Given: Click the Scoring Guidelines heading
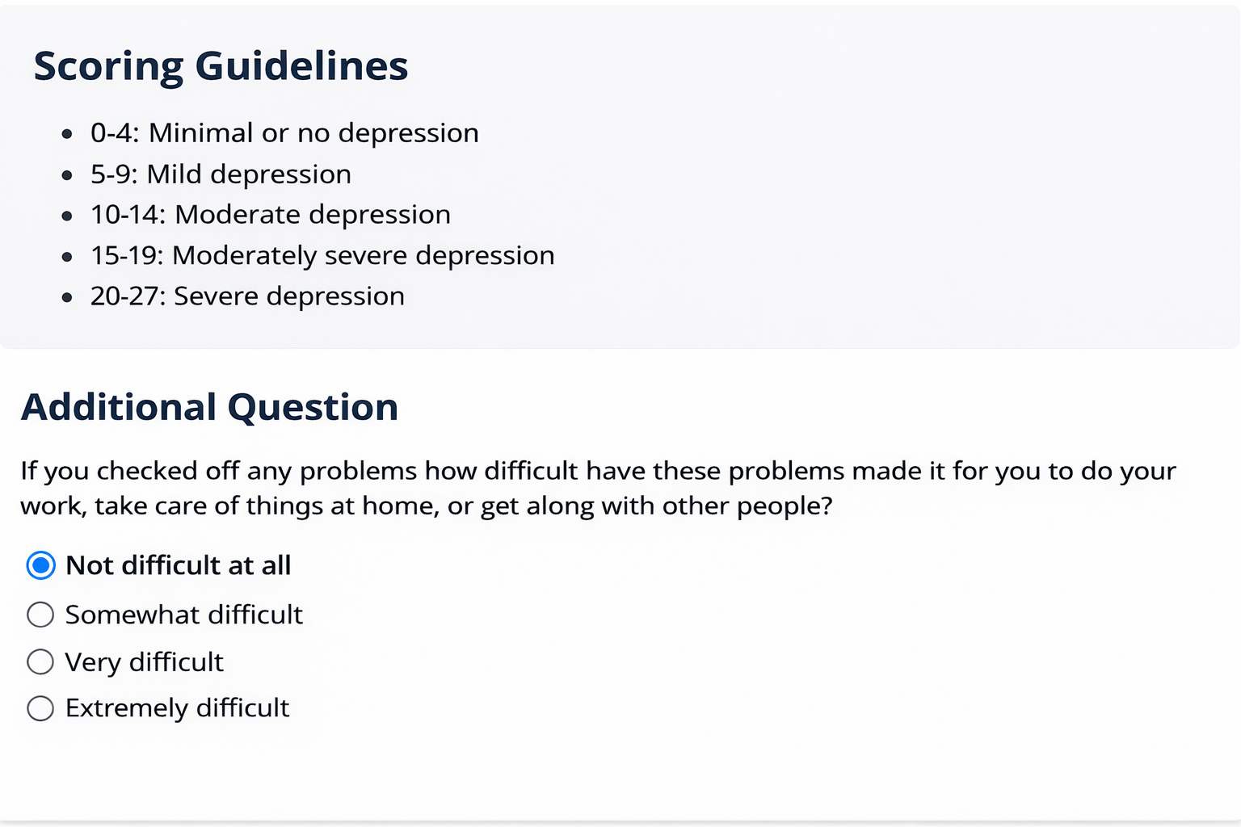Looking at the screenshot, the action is tap(221, 66).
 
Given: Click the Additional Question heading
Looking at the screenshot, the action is tap(209, 408).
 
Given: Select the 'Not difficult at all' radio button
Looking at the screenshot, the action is tap(40, 565).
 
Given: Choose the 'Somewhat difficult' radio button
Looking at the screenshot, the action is tap(40, 615).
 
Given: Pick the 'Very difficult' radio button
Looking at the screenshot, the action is tap(40, 662).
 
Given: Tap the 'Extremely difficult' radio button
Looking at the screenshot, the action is tap(40, 708).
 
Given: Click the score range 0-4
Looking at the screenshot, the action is tap(115, 133).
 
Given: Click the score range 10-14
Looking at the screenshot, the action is tap(128, 215).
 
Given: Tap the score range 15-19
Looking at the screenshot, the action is tap(127, 256).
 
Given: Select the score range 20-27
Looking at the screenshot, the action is tap(128, 296).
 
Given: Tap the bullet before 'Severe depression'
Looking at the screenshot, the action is tap(67, 298).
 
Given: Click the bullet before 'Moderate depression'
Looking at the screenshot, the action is tap(67, 216).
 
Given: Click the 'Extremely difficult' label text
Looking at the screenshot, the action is tap(177, 708).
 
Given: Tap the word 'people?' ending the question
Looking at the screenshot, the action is tap(785, 506).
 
